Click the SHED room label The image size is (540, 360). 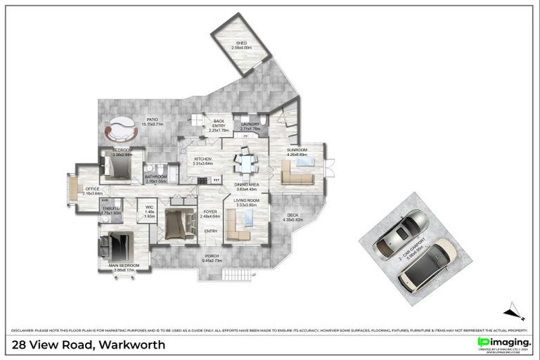pos(242,44)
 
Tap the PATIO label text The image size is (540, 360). pos(152,119)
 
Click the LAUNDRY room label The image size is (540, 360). pos(250,124)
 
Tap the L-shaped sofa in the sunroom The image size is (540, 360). pos(296,174)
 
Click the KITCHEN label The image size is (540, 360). pos(202,160)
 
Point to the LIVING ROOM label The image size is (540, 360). pos(246,201)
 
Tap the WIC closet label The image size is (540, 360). pos(149,207)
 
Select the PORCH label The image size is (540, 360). pos(212,256)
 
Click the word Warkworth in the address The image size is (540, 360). pos(132,345)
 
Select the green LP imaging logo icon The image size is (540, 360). pos(483,342)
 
